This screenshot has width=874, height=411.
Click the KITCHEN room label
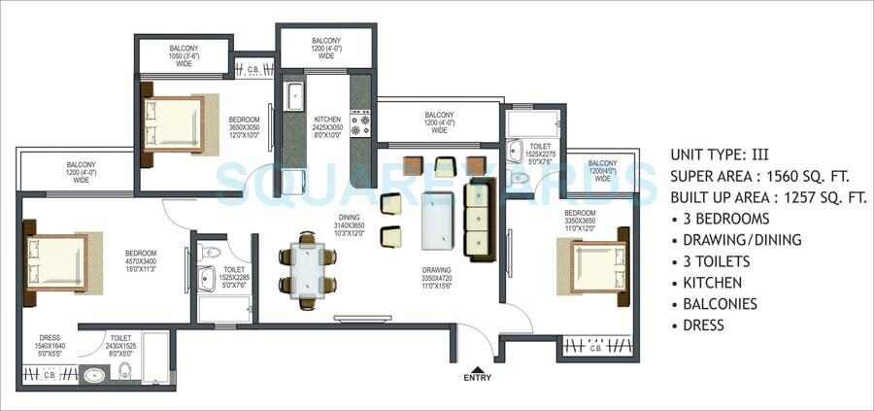pyautogui.click(x=327, y=123)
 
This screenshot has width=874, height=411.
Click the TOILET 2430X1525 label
pyautogui.click(x=119, y=340)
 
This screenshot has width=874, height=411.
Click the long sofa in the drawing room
pyautogui.click(x=478, y=217)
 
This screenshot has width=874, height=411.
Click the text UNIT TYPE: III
pyautogui.click(x=720, y=154)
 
